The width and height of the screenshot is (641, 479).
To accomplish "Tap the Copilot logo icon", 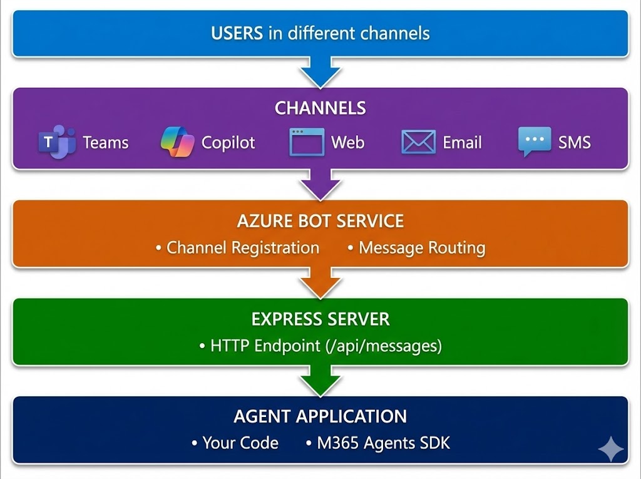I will click(178, 142).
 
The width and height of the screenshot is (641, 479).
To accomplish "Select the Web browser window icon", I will click(307, 142).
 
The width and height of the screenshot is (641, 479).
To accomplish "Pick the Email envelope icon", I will click(418, 142).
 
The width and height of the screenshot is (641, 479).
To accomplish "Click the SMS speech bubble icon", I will click(534, 142).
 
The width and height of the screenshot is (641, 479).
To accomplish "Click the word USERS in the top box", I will click(237, 33).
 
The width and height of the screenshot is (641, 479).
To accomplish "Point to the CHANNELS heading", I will click(320, 108).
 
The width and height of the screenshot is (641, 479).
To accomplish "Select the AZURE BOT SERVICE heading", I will click(320, 221).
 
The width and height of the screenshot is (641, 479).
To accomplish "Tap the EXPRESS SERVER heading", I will click(320, 319).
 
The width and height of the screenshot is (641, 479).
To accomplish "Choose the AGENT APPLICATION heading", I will click(320, 416).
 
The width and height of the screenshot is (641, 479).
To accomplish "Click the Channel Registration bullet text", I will click(242, 247).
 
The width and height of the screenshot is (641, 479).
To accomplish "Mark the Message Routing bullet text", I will click(421, 247).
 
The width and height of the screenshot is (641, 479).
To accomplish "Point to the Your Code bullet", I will click(240, 443).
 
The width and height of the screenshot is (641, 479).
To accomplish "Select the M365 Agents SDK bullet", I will click(382, 443).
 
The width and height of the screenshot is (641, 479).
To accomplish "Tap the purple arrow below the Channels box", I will click(320, 185).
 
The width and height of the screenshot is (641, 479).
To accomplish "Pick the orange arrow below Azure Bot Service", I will click(320, 283).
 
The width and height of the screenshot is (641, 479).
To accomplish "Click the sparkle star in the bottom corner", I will click(610, 449).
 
